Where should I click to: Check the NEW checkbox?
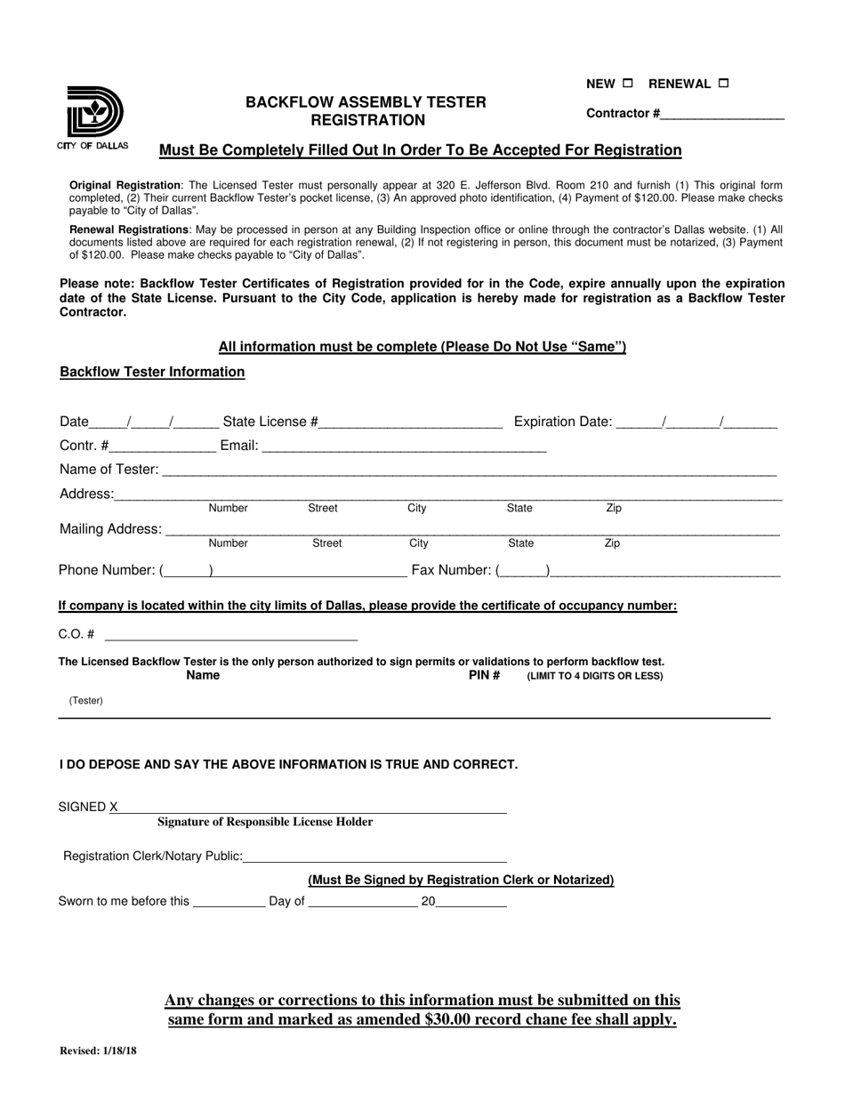(x=628, y=84)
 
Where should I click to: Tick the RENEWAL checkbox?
(x=723, y=84)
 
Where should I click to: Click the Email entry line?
(x=404, y=446)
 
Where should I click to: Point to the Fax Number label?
(x=452, y=570)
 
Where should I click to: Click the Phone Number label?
(x=107, y=570)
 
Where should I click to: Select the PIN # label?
(x=484, y=676)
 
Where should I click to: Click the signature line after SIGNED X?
(x=311, y=808)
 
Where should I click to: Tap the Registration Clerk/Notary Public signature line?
(x=374, y=857)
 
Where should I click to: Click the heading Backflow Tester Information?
(x=152, y=372)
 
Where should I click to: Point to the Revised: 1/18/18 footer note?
(x=98, y=1050)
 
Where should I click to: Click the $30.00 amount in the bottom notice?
(x=455, y=1019)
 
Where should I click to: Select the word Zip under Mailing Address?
(x=612, y=543)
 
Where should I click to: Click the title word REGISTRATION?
(x=366, y=120)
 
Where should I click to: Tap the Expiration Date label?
(x=563, y=422)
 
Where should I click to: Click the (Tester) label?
(x=86, y=701)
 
